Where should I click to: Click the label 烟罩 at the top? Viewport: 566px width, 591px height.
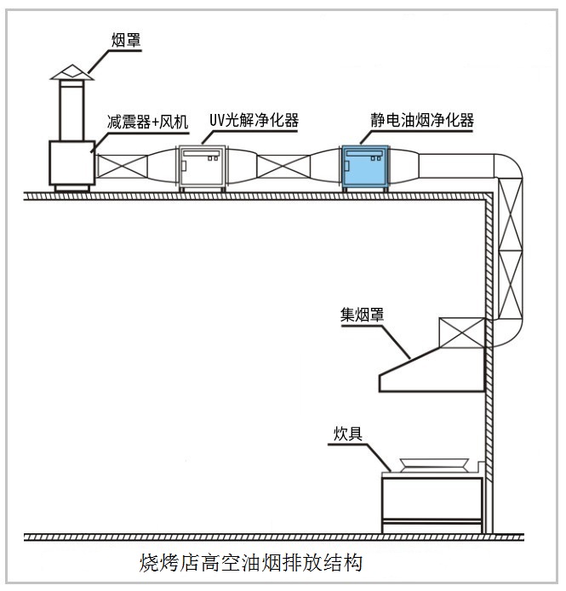pyautogui.click(x=127, y=39)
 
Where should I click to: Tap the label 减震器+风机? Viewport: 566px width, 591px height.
pyautogui.click(x=146, y=122)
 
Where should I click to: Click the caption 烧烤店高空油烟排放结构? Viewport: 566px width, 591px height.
pyautogui.click(x=250, y=562)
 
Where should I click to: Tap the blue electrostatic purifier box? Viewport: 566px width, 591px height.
pyautogui.click(x=365, y=168)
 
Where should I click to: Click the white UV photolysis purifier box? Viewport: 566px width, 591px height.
pyautogui.click(x=202, y=168)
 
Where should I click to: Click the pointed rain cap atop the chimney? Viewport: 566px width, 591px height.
pyautogui.click(x=71, y=71)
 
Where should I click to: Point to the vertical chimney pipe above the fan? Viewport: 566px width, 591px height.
pyautogui.click(x=71, y=111)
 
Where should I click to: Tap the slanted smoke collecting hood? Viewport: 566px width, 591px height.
pyautogui.click(x=430, y=371)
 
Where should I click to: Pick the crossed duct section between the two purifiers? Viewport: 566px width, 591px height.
pyautogui.click(x=283, y=169)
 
